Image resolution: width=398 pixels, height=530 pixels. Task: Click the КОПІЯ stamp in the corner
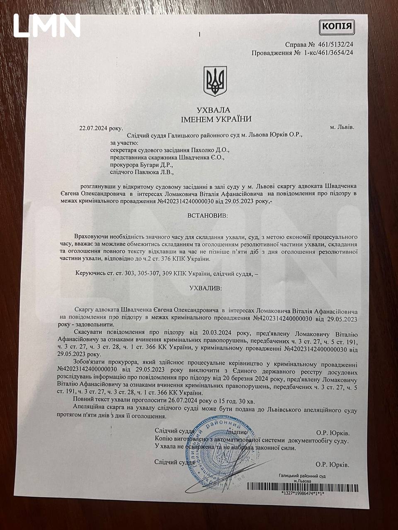click(337, 28)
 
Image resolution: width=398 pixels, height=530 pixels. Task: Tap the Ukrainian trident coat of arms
click(215, 81)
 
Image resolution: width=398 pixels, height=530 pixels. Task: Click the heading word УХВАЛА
click(213, 111)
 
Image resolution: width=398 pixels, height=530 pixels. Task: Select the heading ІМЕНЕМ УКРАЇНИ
click(216, 119)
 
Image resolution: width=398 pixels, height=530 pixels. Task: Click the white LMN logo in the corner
click(47, 26)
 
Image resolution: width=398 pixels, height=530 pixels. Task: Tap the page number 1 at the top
click(200, 35)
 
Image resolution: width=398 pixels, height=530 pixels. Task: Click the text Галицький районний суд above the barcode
click(302, 476)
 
